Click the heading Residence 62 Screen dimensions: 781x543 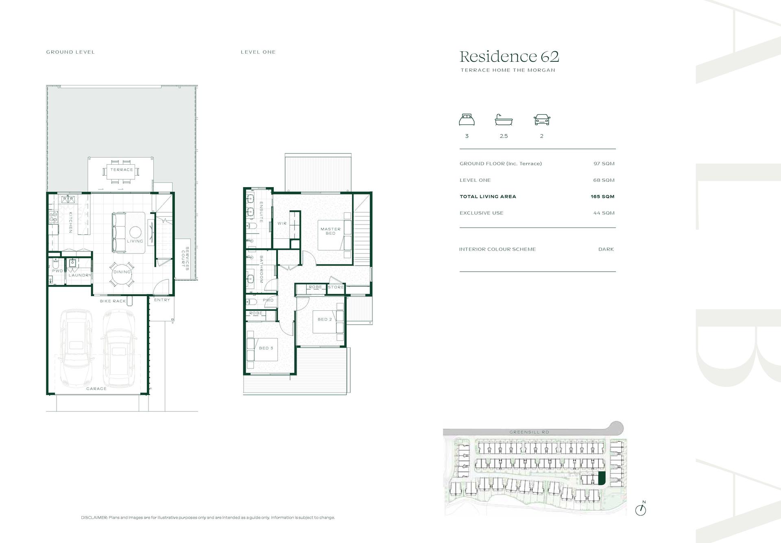(509, 57)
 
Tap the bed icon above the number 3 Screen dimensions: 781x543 (467, 120)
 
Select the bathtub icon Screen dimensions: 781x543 (504, 120)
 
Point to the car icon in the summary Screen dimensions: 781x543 (542, 120)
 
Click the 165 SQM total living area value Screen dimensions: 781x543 (602, 196)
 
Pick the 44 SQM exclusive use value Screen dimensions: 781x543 (604, 213)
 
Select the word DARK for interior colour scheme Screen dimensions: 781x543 (606, 249)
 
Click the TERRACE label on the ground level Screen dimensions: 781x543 (122, 170)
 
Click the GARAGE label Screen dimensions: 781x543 (96, 389)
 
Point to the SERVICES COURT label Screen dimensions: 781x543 (185, 258)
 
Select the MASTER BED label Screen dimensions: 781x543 (331, 231)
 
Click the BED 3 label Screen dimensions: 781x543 (266, 348)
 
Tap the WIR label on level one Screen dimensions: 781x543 (282, 223)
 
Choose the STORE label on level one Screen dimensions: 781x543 (336, 287)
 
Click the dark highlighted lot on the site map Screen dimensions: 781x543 (602, 478)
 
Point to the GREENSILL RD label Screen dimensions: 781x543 (529, 432)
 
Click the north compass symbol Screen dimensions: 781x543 (641, 509)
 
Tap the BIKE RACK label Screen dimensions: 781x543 (113, 301)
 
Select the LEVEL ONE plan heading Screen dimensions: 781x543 (258, 52)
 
